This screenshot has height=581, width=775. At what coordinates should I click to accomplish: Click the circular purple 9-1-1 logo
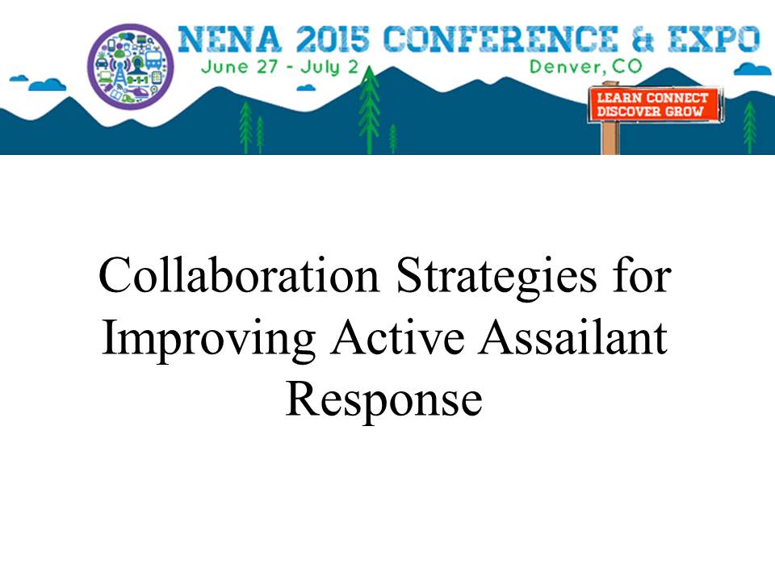tap(131, 66)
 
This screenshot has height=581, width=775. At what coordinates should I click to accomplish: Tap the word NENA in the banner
tap(230, 39)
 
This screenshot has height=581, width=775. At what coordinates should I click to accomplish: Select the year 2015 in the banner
tap(333, 39)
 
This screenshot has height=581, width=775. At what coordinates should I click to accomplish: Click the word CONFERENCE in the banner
tap(501, 39)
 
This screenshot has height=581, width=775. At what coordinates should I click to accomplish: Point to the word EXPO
tap(714, 39)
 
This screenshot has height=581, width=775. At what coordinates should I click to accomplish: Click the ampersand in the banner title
tap(643, 39)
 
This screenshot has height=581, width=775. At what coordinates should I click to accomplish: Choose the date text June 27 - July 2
tap(279, 67)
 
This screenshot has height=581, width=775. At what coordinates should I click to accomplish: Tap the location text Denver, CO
tap(586, 66)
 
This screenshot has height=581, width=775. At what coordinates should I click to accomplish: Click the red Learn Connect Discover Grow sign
tap(653, 104)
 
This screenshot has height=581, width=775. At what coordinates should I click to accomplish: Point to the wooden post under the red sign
tap(610, 138)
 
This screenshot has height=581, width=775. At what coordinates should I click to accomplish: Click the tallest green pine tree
tap(369, 109)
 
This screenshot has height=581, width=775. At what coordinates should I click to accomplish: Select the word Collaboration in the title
tap(239, 275)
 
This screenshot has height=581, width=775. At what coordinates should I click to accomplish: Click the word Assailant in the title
tap(573, 337)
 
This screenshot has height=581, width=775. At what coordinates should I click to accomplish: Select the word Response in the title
tap(384, 401)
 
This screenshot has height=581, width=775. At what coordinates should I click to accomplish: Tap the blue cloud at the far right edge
tap(752, 69)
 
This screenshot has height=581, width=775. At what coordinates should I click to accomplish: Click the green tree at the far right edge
tap(749, 127)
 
